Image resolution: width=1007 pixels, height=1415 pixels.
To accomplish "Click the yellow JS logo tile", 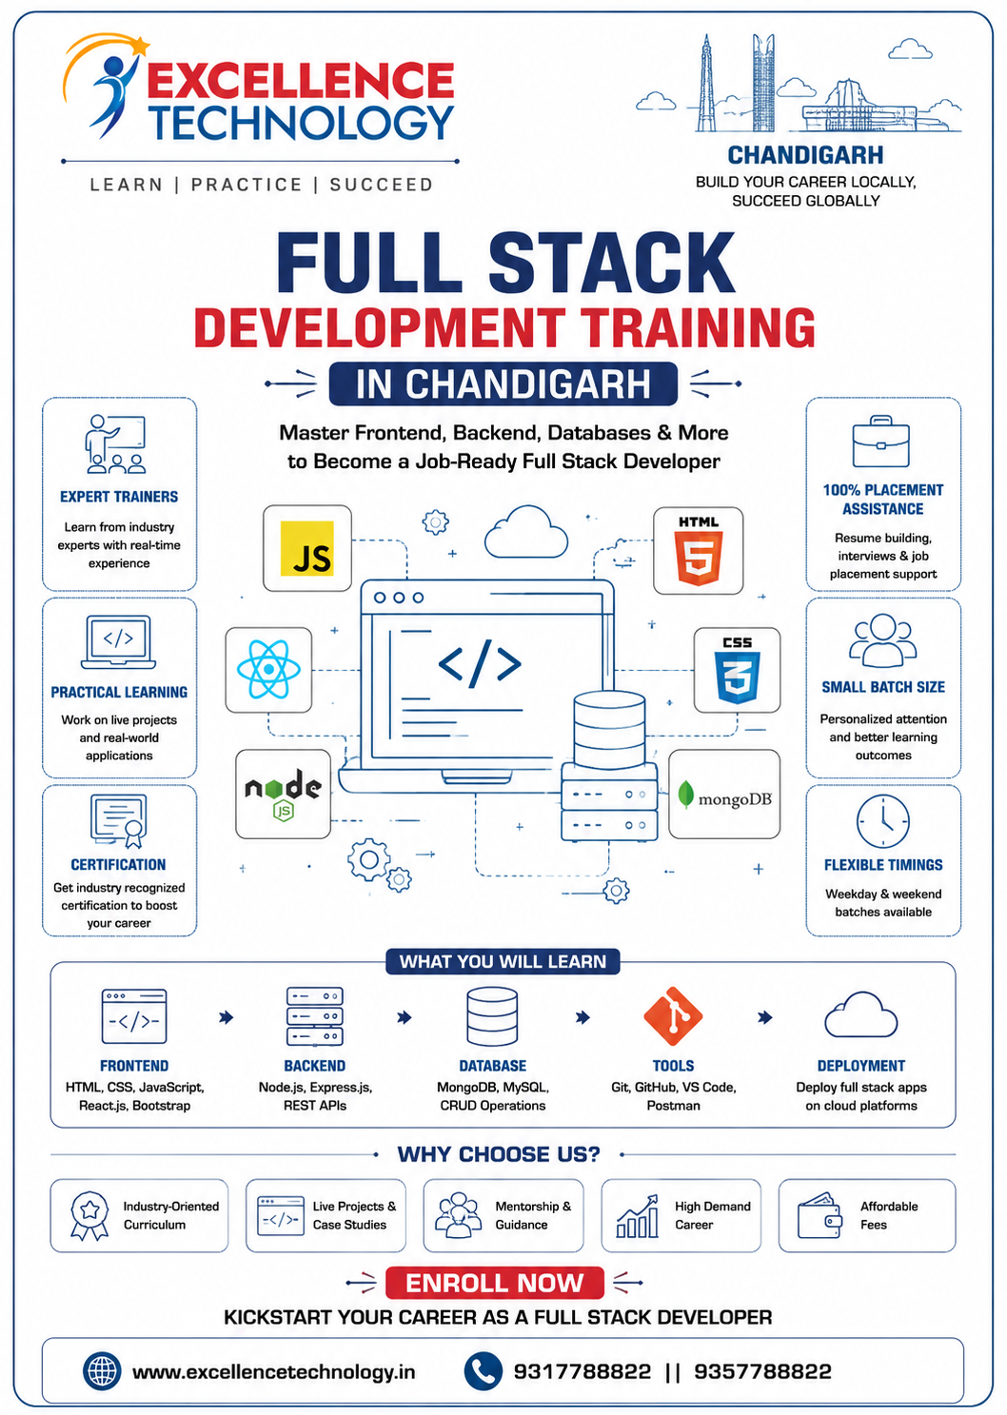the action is tap(307, 548).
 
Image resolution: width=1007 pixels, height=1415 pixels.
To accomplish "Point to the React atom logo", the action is tap(268, 670).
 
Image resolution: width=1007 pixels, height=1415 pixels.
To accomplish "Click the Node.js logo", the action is tap(283, 795).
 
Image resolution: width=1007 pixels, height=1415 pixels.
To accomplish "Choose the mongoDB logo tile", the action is tap(724, 795).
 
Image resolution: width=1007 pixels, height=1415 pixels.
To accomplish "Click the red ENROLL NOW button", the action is tap(495, 1283).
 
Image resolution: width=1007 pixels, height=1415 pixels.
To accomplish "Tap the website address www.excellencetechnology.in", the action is tap(273, 1372).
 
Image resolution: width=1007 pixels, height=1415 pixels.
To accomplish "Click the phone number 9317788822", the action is tap(582, 1371).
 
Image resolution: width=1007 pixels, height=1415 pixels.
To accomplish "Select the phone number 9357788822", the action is tap(762, 1371).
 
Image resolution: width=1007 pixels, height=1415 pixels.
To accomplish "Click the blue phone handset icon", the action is tap(484, 1371).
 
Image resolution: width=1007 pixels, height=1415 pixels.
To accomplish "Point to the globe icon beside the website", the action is tap(102, 1371).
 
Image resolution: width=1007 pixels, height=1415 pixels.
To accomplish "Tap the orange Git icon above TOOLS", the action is tap(673, 1016).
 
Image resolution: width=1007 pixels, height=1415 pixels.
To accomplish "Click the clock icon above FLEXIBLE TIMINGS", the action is tap(882, 822).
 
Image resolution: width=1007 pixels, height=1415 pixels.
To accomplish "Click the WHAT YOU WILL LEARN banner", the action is tap(503, 961).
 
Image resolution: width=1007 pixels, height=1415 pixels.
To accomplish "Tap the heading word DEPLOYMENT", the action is tap(861, 1066).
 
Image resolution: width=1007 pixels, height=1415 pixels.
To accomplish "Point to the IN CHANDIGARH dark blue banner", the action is tap(503, 383).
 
